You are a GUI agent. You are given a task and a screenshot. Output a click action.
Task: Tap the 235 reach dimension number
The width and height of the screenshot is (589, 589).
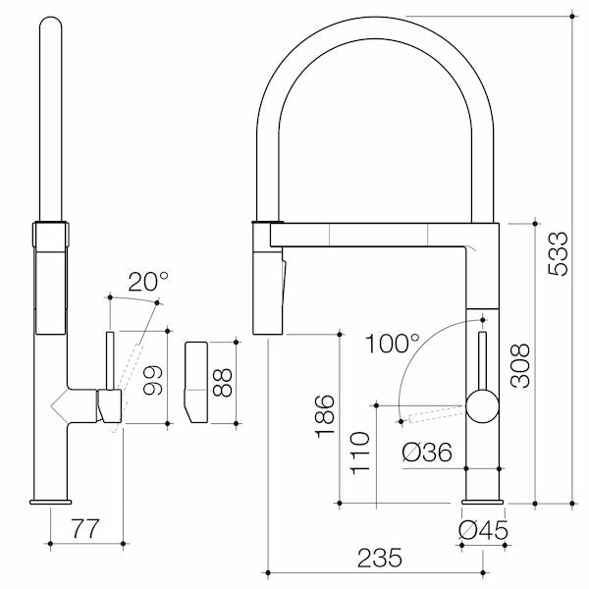[x=378, y=558]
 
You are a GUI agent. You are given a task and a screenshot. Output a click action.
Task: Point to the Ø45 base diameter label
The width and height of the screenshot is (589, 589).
[x=482, y=530]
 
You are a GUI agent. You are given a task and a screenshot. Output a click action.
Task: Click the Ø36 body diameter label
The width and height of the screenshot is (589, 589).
[x=427, y=454]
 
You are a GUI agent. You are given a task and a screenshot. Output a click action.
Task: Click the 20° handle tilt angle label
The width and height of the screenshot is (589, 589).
[x=148, y=282]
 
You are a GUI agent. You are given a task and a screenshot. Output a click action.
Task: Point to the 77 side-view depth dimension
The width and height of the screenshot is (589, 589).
[x=85, y=530]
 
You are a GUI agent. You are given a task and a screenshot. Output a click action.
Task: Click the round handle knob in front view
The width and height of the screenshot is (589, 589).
[x=482, y=404]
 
